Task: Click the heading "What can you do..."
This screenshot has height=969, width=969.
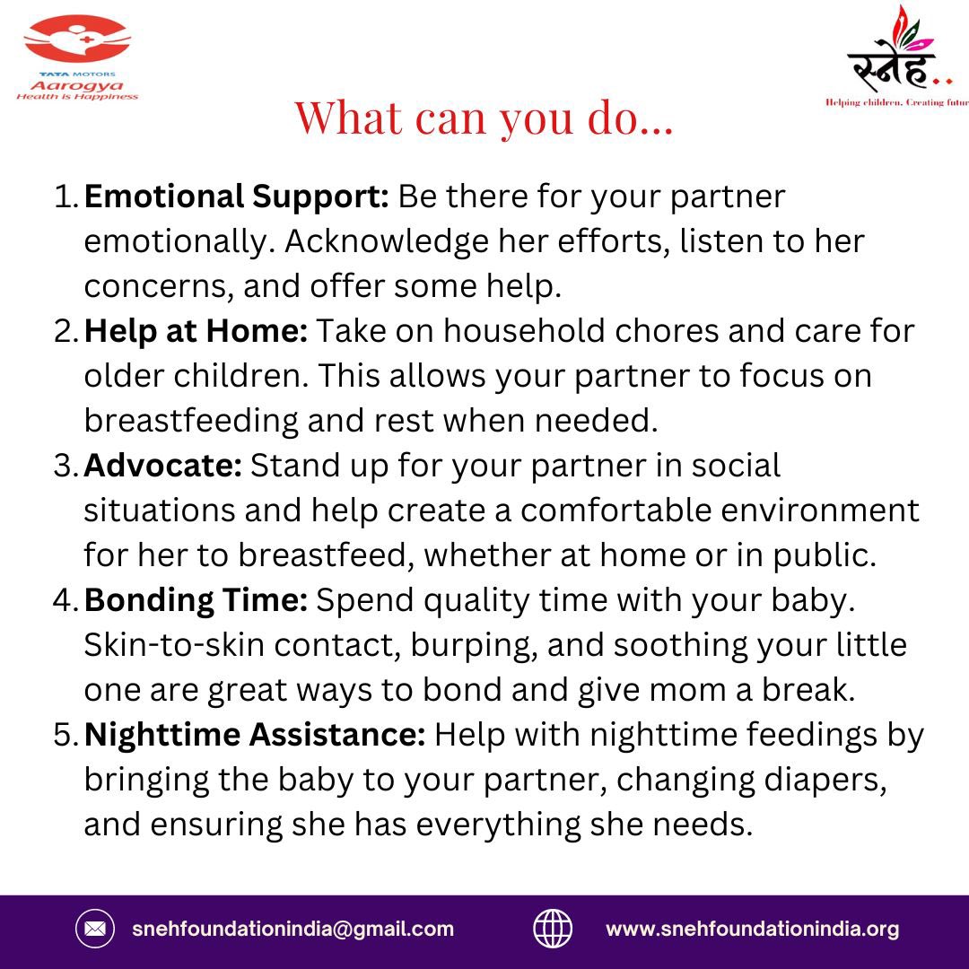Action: [484, 118]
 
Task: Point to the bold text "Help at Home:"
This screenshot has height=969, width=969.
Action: [196, 331]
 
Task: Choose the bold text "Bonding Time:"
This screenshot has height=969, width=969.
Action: [196, 600]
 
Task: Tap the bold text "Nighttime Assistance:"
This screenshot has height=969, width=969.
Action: [255, 735]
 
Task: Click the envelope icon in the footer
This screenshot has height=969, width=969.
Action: [94, 930]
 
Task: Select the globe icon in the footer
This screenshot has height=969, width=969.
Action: [553, 930]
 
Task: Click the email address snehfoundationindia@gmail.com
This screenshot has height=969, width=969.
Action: [292, 930]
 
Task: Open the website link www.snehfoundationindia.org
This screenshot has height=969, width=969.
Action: [752, 930]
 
